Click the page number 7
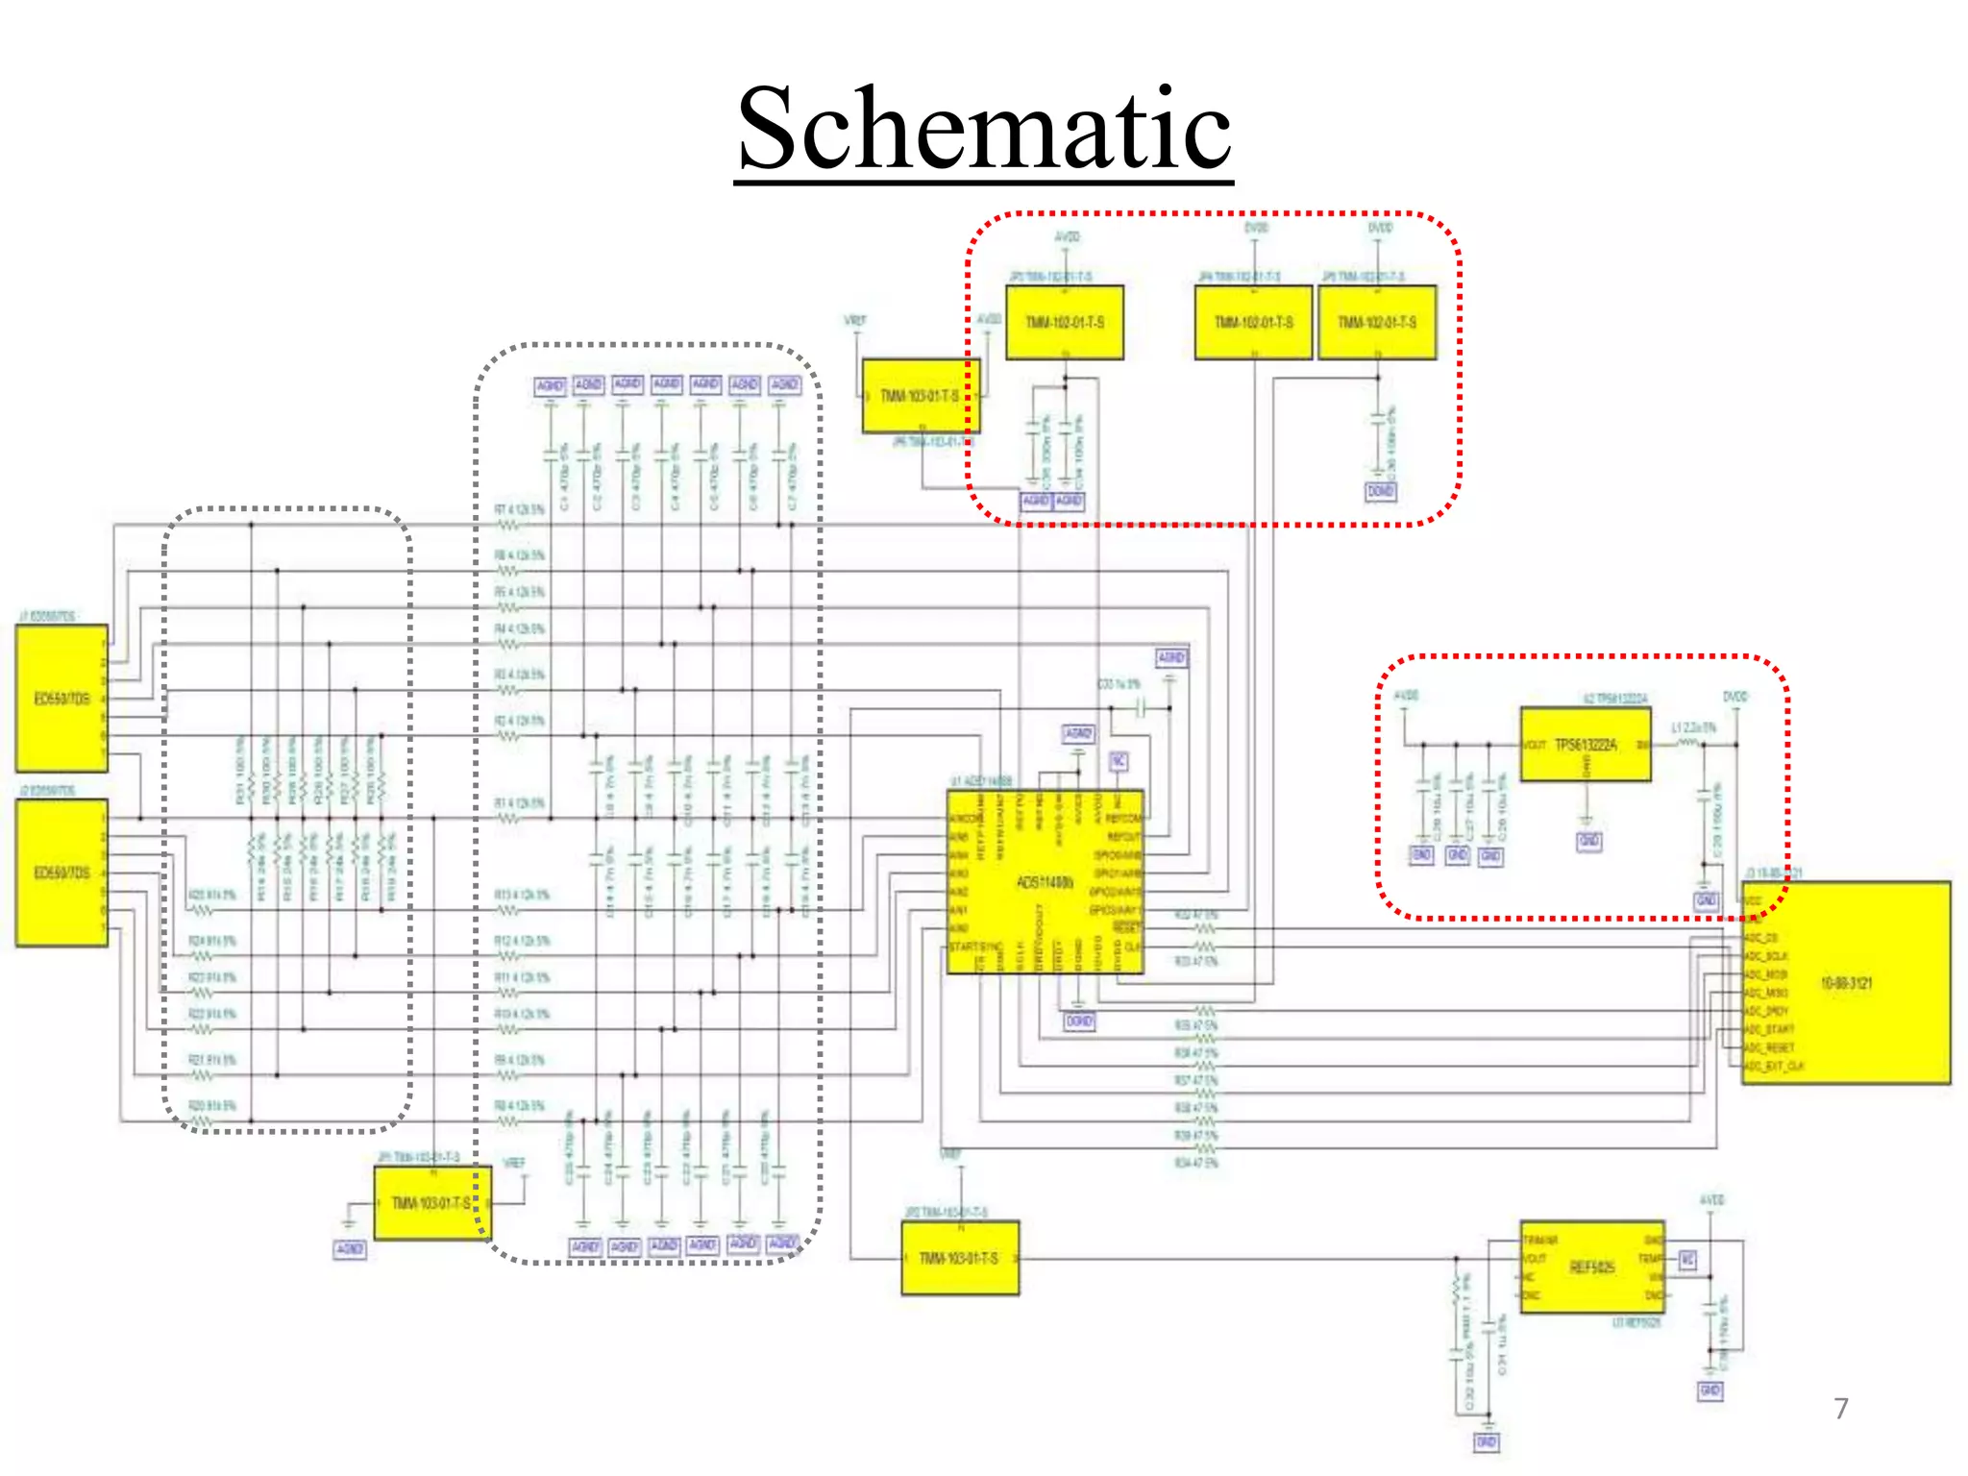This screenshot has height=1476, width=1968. click(x=1840, y=1409)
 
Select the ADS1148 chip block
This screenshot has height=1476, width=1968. click(x=1045, y=882)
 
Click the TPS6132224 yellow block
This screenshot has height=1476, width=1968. click(x=1586, y=746)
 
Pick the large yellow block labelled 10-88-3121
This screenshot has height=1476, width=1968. click(x=1846, y=983)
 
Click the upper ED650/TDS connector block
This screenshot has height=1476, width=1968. click(x=61, y=699)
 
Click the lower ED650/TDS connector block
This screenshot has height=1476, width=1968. click(x=61, y=873)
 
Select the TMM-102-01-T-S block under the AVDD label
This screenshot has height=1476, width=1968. click(x=1064, y=323)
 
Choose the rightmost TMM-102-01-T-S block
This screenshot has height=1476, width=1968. click(x=1377, y=323)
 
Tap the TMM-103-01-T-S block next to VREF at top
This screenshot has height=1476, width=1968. click(x=920, y=396)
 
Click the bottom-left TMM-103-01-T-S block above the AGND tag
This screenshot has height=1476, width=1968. click(x=431, y=1203)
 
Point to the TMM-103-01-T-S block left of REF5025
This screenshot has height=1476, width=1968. click(x=959, y=1258)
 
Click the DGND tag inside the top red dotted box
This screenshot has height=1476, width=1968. click(x=1381, y=491)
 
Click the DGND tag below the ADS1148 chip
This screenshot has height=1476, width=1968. click(x=1079, y=1021)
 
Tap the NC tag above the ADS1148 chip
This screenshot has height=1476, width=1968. click(x=1119, y=761)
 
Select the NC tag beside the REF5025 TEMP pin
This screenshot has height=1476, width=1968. click(x=1687, y=1260)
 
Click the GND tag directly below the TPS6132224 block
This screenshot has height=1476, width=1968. click(x=1588, y=841)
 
